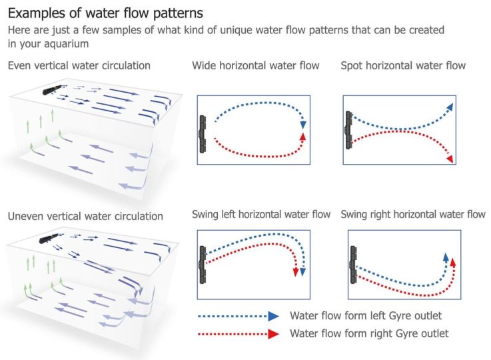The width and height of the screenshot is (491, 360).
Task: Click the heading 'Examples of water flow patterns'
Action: (105, 13)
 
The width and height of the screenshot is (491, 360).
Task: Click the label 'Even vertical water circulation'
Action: (79, 65)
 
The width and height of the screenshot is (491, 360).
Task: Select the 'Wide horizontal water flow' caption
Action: (256, 65)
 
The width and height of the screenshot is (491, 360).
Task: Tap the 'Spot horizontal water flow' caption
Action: (403, 65)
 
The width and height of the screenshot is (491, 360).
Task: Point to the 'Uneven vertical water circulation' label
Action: (85, 216)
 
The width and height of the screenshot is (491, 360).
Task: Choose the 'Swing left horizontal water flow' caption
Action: (261, 215)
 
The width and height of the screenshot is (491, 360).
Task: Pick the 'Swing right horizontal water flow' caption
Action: (413, 215)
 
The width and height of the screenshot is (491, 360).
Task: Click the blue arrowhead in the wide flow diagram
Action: (304, 124)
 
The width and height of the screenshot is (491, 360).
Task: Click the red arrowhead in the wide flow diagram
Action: (304, 137)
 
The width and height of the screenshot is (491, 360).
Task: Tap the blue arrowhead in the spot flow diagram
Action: (451, 107)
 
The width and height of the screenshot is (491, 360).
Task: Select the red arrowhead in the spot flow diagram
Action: (451, 159)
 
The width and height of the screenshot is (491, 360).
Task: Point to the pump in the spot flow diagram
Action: (347, 129)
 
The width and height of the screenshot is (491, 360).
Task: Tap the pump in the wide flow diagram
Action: (202, 131)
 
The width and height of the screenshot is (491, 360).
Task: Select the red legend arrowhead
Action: (273, 334)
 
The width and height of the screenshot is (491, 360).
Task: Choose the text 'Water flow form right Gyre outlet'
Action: (369, 333)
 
